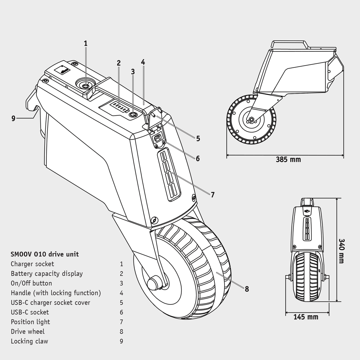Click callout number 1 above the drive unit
coord(86,43)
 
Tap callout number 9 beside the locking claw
coord(13,118)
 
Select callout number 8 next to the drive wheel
coord(246,289)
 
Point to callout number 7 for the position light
coord(213,195)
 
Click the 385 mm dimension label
coord(288,159)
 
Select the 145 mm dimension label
coord(306,317)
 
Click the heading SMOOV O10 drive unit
coord(45,254)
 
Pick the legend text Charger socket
coord(32,264)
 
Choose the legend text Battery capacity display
coord(47,274)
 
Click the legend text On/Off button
coord(31,283)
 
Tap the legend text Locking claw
coord(29,341)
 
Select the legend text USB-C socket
coord(30,312)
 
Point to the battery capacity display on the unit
coord(119,107)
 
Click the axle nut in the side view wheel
coord(250,119)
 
